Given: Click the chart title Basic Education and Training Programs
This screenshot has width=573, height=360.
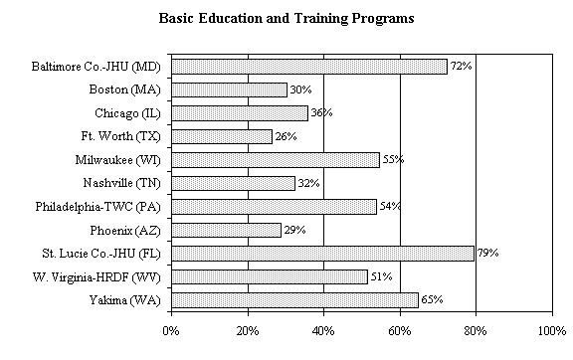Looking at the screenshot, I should click(286, 18).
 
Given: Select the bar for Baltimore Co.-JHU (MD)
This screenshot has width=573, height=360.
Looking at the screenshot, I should click(308, 67).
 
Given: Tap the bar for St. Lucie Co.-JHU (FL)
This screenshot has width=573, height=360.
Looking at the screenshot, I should click(322, 254).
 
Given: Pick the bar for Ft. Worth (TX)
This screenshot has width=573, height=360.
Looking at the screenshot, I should click(221, 136).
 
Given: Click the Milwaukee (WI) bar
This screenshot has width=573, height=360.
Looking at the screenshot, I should click(276, 160).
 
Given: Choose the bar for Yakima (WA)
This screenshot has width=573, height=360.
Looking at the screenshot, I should click(294, 299).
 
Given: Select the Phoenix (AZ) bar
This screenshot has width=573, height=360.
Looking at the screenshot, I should click(226, 230).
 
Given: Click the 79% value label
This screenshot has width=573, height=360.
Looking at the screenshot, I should click(486, 254).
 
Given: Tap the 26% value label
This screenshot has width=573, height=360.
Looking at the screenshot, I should click(286, 136).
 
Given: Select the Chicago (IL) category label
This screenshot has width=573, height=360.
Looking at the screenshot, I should click(126, 113).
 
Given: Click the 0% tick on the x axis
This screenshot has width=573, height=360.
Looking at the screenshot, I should click(171, 329).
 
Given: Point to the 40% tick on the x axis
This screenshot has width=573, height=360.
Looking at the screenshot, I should click(323, 329).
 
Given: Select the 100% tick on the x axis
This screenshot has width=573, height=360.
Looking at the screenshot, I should click(550, 329).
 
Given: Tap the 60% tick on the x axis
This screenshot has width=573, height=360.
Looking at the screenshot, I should click(400, 329).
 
